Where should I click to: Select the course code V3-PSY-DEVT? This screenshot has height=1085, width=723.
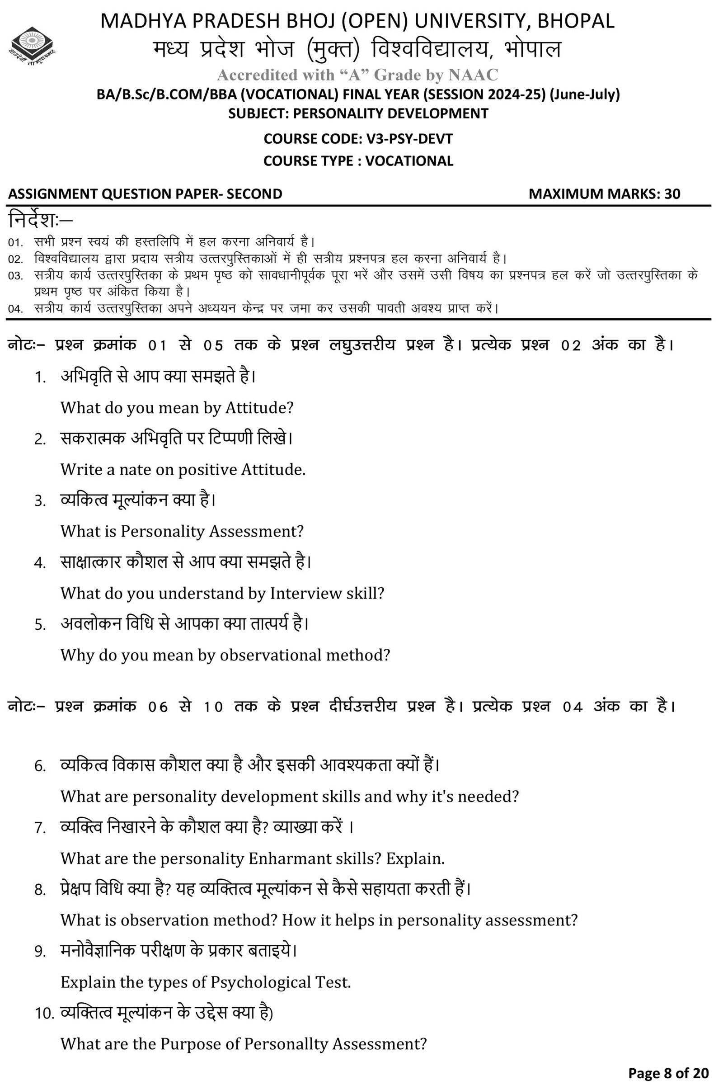click(x=409, y=139)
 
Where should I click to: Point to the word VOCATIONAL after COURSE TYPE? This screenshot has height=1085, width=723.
click(x=409, y=161)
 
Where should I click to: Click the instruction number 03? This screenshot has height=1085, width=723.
click(x=15, y=276)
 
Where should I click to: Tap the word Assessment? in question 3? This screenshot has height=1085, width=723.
click(x=256, y=532)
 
